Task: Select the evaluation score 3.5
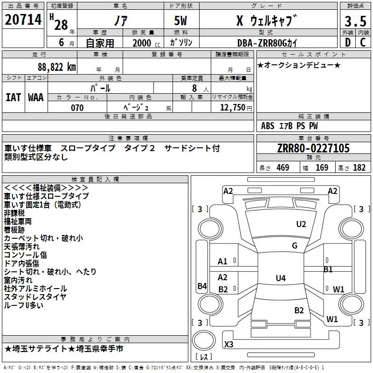tap(354, 21)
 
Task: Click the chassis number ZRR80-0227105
tap(313, 149)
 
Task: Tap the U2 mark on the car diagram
tap(301, 224)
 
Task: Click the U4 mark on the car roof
tap(280, 278)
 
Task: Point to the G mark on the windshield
tap(295, 246)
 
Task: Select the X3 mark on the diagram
tap(228, 344)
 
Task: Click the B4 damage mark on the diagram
tap(202, 286)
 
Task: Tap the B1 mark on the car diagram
tap(328, 269)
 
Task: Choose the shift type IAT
tap(13, 97)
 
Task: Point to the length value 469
tap(282, 168)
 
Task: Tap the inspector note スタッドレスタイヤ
tap(35, 297)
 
